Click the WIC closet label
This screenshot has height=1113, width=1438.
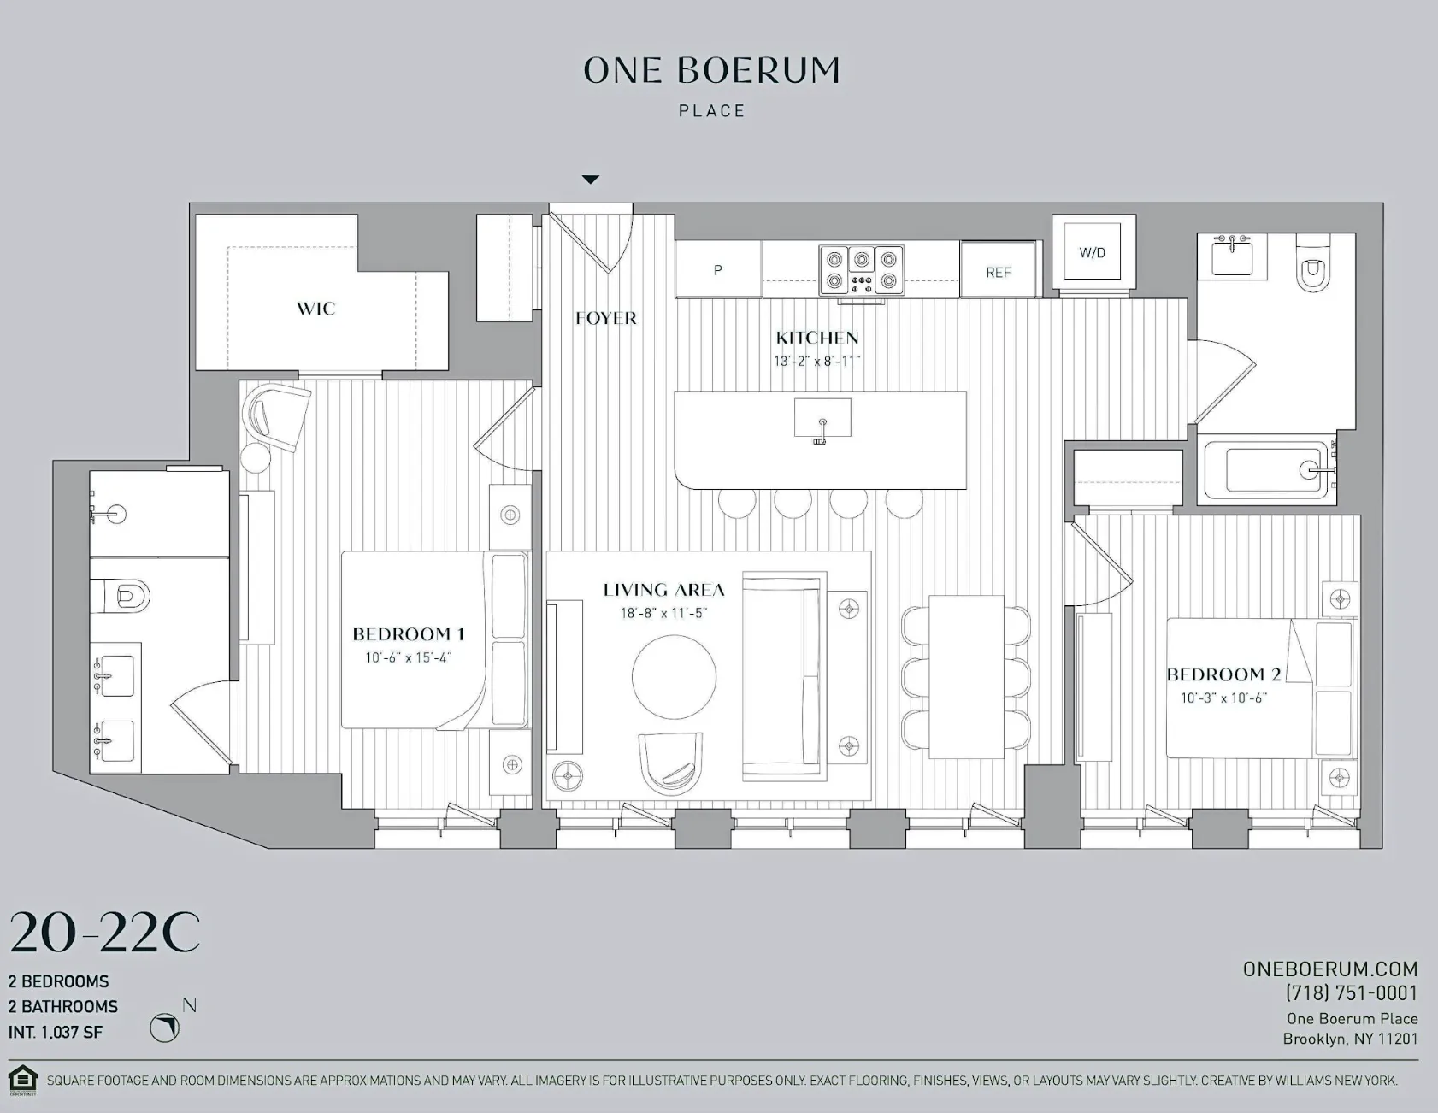tap(315, 309)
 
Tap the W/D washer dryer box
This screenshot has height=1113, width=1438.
tap(1092, 252)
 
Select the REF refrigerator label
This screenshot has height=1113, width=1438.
tap(998, 272)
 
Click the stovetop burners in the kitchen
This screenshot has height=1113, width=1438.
tap(861, 269)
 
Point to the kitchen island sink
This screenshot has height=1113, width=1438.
tap(822, 420)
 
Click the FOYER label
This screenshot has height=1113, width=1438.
tap(605, 318)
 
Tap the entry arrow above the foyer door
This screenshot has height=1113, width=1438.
tap(590, 180)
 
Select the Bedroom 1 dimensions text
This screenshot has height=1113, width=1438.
tap(408, 657)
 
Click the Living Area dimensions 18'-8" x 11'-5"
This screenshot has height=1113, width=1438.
tap(663, 613)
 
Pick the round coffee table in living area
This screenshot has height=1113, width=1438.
tap(674, 676)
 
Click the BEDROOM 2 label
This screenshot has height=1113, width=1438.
tap(1223, 674)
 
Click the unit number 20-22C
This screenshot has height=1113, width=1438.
tap(104, 933)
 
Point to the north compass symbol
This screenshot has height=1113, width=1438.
tap(165, 1027)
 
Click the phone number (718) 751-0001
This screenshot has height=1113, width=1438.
tap(1351, 992)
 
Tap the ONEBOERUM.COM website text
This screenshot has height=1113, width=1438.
tap(1329, 969)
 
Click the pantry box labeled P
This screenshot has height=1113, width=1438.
tap(717, 269)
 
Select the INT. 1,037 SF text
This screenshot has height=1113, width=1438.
tap(56, 1032)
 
